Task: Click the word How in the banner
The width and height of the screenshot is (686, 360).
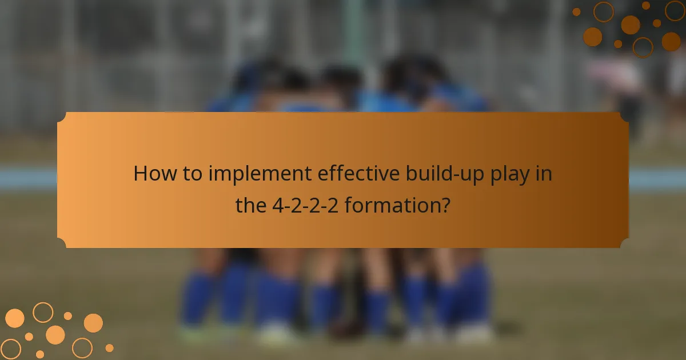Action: point(151,174)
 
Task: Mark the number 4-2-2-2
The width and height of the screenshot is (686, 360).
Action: point(305,205)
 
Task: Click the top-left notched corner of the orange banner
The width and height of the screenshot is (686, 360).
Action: point(61,116)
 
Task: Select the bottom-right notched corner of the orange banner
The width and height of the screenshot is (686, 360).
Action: point(624,244)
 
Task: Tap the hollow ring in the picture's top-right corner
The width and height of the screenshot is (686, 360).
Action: point(675,10)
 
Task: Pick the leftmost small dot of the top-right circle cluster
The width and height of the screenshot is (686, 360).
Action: point(576,12)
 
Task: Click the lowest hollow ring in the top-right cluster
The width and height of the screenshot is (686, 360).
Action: point(643,47)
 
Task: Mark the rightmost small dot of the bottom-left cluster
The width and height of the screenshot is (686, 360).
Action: point(109,347)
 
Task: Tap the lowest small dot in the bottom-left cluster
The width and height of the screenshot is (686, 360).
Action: point(40,354)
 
